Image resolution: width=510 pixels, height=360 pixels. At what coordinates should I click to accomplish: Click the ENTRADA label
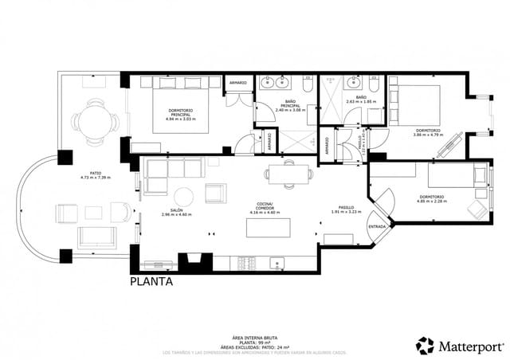pos(377,226)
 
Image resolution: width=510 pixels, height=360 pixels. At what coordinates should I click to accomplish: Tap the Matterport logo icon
pos(426,345)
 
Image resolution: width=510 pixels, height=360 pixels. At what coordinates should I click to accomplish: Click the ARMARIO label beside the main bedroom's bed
pos(237,82)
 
